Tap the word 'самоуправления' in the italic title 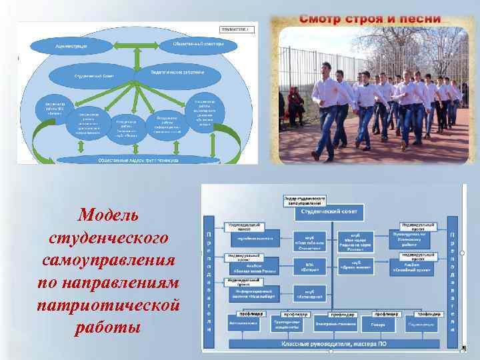[108, 260]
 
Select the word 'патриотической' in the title [108, 305]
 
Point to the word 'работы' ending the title [108, 328]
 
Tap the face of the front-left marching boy [327, 69]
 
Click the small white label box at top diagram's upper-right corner [238, 29]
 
